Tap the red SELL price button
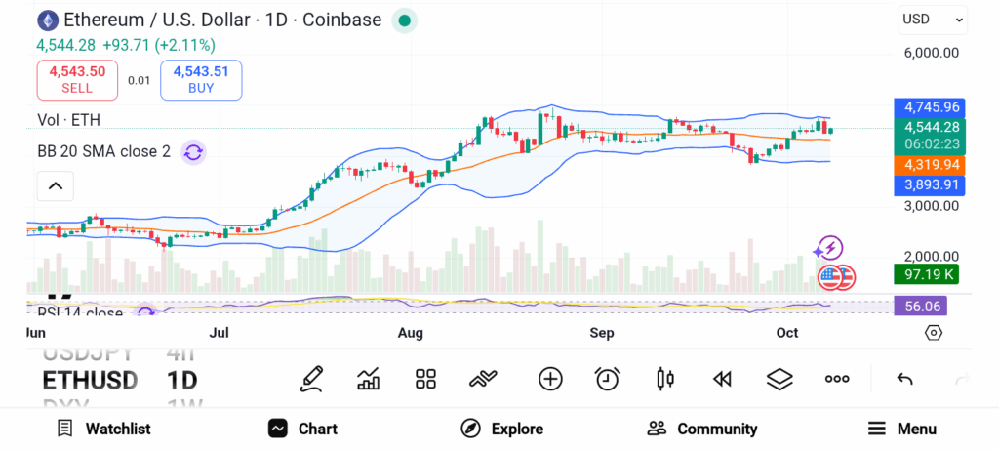(77, 80)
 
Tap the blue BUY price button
(201, 80)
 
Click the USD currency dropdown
(933, 19)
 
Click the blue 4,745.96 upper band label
(931, 107)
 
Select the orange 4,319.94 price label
(931, 165)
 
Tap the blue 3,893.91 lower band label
(931, 184)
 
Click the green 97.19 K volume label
(926, 275)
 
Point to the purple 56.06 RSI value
(921, 307)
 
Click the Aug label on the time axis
(411, 333)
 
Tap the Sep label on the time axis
(602, 333)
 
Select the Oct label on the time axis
(786, 333)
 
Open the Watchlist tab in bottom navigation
(103, 429)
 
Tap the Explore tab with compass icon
(501, 429)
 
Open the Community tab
(701, 429)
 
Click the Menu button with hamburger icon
(901, 429)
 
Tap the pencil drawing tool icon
(311, 379)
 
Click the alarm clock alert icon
(608, 379)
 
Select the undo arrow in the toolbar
(904, 379)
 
